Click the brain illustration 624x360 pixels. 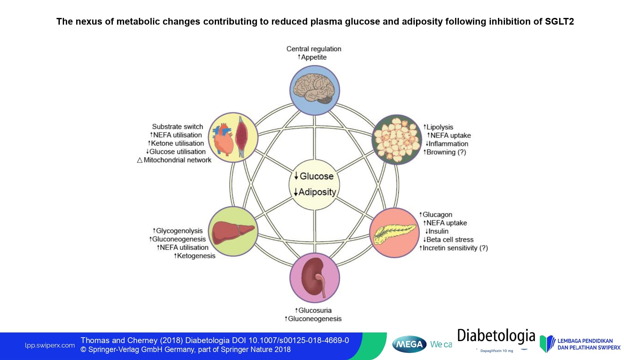[x=315, y=90]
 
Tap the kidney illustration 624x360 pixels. [x=314, y=277]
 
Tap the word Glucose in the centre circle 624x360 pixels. [x=316, y=176]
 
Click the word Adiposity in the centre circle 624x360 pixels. [x=317, y=192]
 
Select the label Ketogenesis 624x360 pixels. [x=196, y=256]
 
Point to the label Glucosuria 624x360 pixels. [x=315, y=310]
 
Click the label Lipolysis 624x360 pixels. [x=440, y=127]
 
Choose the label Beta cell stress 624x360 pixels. [x=450, y=239]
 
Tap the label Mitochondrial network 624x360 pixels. [x=177, y=160]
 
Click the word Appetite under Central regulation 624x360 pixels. [x=314, y=57]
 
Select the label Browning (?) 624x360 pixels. [x=446, y=152]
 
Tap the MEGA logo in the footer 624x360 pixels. [x=409, y=344]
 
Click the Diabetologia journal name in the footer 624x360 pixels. [x=496, y=336]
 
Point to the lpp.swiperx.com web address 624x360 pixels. [x=50, y=345]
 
